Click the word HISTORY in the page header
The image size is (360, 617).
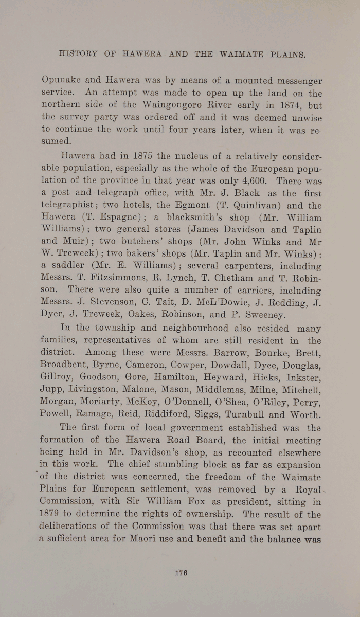coord(78,53)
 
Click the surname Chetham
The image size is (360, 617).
coord(244,281)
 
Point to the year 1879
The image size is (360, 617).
coord(54,515)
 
